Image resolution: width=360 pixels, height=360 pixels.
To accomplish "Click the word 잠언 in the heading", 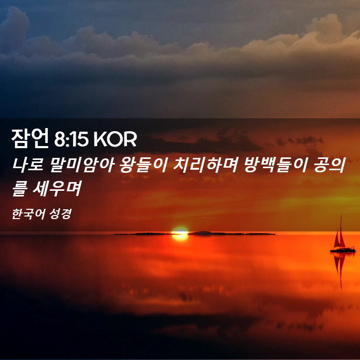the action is [x=30, y=138].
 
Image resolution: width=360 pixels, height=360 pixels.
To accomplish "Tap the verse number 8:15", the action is [x=71, y=139].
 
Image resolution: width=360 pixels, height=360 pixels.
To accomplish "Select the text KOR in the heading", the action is [x=115, y=139].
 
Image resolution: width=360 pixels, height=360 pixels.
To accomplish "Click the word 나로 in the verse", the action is [x=28, y=165].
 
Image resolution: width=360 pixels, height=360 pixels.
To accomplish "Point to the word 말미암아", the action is [x=82, y=165].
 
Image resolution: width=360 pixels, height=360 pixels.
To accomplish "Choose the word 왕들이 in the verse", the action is [x=143, y=165].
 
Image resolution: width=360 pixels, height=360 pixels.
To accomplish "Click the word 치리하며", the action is [x=206, y=165].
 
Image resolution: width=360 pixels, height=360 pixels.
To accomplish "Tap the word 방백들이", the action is [x=276, y=165].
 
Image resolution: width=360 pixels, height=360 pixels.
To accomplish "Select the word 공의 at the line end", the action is [x=330, y=165].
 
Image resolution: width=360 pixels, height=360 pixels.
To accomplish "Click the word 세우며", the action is [x=57, y=189].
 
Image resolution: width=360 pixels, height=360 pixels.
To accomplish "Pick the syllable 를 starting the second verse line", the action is [x=20, y=189].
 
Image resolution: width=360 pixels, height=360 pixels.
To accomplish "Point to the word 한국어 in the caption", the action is [x=28, y=214].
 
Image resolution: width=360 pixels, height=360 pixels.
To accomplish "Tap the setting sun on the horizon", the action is [x=180, y=230].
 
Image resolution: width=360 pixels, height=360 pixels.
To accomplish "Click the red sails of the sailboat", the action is [x=339, y=238].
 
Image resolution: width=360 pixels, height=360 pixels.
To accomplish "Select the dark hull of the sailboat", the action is [x=343, y=249].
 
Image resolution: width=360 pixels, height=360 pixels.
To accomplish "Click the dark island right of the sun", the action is [x=231, y=233].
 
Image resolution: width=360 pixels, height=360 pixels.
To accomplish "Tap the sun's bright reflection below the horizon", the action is [x=180, y=238].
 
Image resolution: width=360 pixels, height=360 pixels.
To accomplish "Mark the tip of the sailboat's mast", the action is [x=341, y=215].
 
